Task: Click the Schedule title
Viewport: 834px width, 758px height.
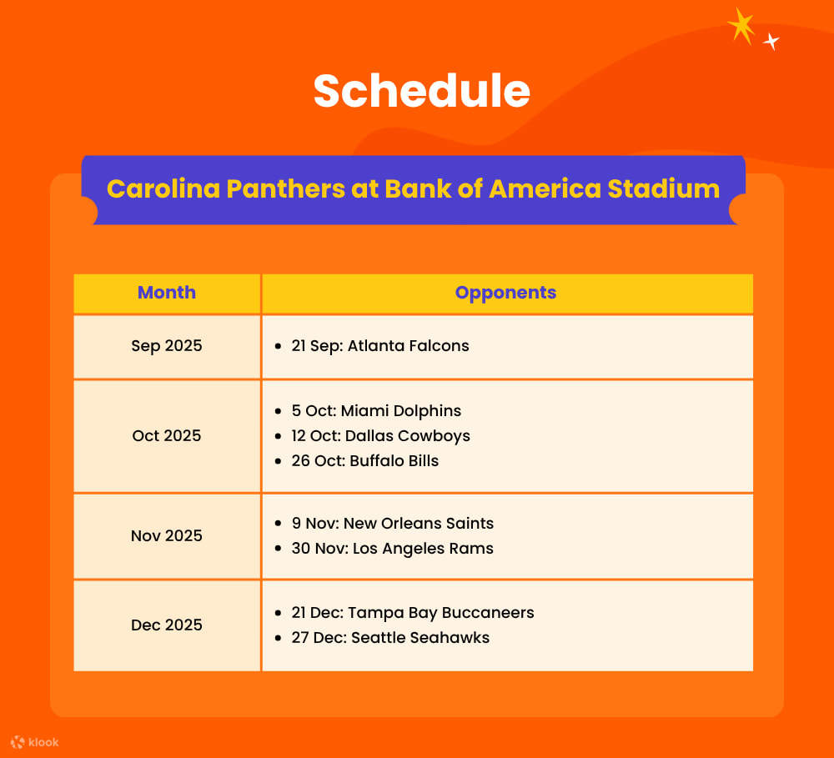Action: pos(421,91)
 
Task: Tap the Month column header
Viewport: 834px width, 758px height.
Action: pos(167,293)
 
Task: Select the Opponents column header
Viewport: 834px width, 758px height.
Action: pos(505,293)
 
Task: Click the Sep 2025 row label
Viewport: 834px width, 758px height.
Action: pos(167,346)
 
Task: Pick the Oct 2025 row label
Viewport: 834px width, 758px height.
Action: pos(167,436)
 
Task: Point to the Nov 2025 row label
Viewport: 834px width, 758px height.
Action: pos(167,536)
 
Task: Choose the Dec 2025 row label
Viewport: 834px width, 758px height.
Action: pos(167,625)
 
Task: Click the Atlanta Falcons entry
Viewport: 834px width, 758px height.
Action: pos(380,346)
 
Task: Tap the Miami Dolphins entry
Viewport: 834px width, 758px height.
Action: pos(376,411)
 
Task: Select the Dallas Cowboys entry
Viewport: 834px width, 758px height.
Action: pos(381,436)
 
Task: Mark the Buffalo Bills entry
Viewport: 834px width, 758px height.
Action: pos(365,461)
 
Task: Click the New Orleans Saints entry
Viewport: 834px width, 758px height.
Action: pos(393,524)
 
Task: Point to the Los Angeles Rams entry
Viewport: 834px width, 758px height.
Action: pos(393,549)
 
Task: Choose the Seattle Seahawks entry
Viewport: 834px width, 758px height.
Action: pos(390,638)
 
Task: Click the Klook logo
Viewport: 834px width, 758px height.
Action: pos(34,741)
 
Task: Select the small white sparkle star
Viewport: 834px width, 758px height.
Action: pos(771,41)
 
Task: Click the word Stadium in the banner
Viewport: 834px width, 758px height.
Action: pos(663,188)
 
